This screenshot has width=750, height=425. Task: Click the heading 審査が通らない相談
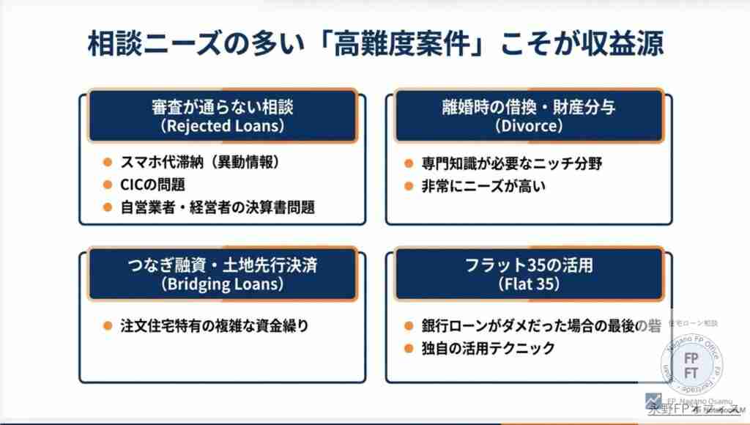click(x=222, y=107)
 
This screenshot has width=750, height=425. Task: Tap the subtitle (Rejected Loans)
click(x=222, y=126)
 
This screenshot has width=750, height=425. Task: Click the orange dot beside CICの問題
click(x=107, y=185)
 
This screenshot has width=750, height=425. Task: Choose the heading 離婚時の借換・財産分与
click(x=529, y=107)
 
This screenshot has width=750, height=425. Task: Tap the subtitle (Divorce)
click(x=529, y=126)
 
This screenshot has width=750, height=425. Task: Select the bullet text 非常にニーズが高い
click(x=484, y=186)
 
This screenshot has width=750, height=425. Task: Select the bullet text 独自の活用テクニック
click(x=489, y=349)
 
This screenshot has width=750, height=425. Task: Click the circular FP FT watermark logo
click(x=690, y=362)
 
